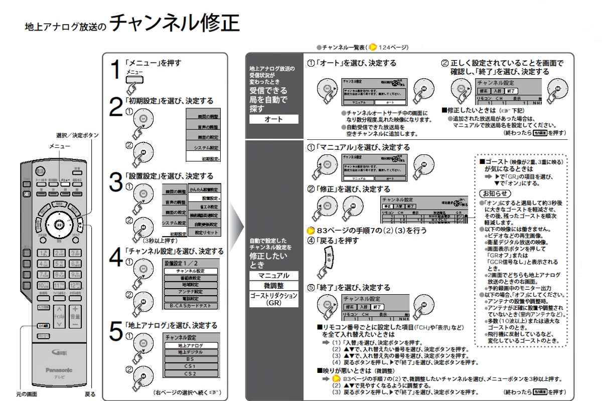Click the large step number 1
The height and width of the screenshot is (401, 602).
[x=116, y=70]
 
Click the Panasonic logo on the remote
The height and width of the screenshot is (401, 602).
[x=59, y=370]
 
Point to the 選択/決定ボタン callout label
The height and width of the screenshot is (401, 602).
[x=77, y=135]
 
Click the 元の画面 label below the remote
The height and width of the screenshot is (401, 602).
[x=26, y=394]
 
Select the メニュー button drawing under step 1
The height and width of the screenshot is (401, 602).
[x=134, y=80]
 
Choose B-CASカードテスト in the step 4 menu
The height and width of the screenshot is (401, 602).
[x=191, y=305]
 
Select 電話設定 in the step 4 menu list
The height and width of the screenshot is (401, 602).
[x=191, y=298]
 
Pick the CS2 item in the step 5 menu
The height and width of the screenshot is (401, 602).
[x=191, y=373]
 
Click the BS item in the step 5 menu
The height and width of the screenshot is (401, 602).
[x=191, y=359]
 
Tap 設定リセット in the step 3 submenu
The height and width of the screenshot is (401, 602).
[x=206, y=233]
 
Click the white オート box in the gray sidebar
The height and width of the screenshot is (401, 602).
[x=273, y=119]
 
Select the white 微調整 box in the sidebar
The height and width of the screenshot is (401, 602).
[x=273, y=285]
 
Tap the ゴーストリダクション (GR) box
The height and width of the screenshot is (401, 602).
[x=273, y=299]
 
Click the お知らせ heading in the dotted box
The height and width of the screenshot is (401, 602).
[x=495, y=193]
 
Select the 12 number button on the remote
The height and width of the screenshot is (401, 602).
[x=75, y=285]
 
